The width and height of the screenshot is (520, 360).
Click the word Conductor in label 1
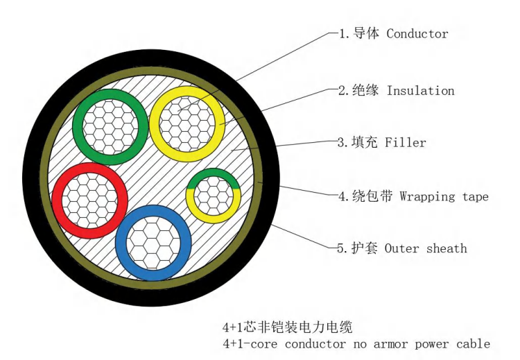(417, 33)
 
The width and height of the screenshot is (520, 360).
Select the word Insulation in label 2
(421, 91)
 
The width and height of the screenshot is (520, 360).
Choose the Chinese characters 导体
(366, 33)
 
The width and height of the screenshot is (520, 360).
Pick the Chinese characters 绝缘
(366, 91)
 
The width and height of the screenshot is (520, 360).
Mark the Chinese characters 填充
(366, 143)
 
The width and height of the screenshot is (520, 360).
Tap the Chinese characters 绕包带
(373, 197)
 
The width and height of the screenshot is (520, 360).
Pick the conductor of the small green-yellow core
(214, 195)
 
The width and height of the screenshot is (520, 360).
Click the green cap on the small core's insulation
(214, 173)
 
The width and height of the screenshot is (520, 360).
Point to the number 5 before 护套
(340, 248)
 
